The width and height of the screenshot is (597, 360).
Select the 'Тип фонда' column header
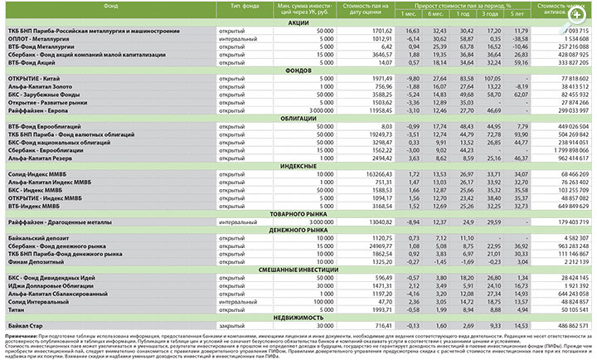[x=238, y=6]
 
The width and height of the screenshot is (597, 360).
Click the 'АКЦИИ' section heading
[x=298, y=23]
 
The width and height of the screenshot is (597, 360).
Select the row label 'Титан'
[x=16, y=309]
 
